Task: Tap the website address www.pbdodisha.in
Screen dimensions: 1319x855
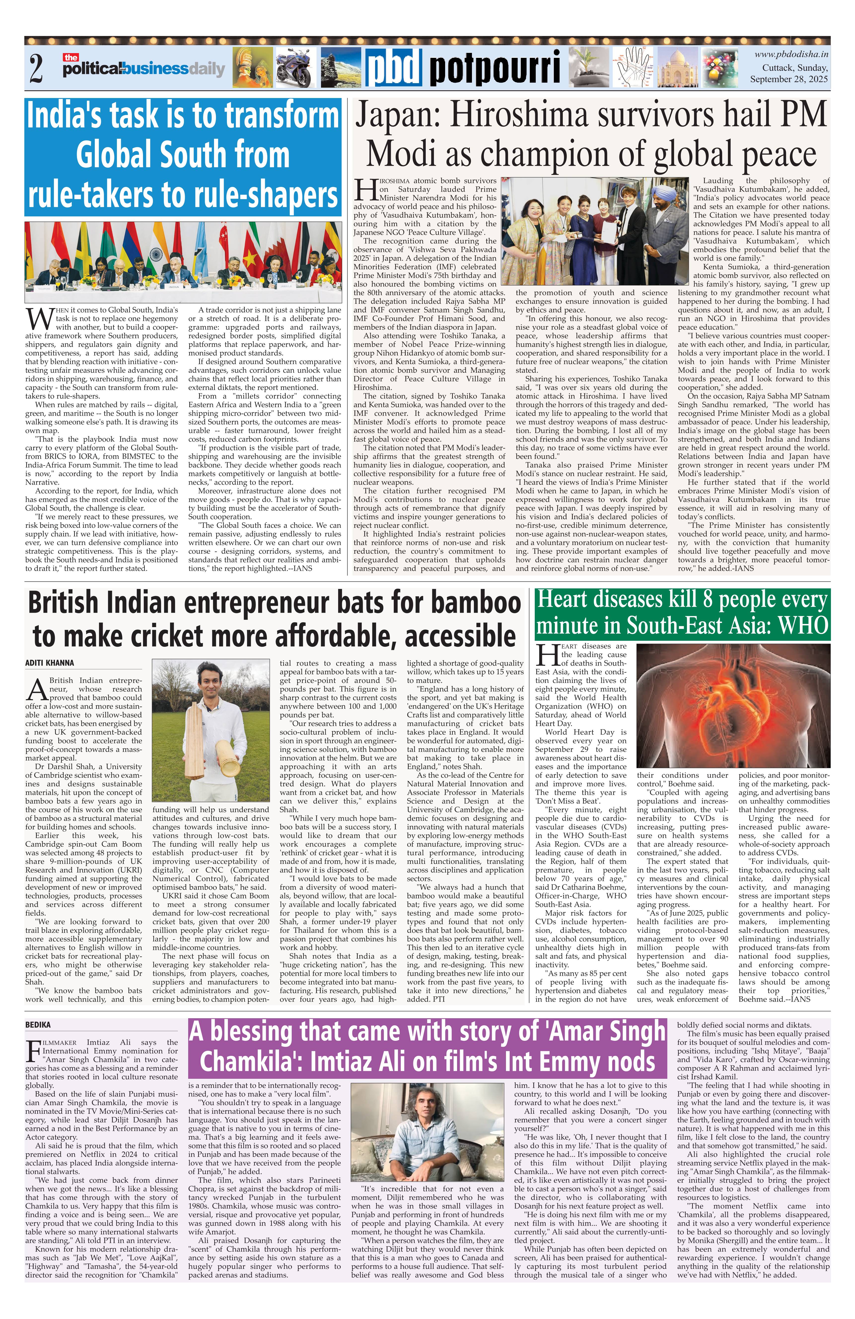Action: coord(791,54)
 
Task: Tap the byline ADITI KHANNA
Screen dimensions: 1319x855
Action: coord(49,663)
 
